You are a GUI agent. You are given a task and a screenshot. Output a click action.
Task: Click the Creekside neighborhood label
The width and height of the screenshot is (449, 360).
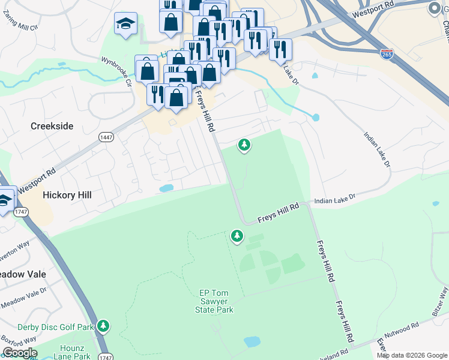point(52,126)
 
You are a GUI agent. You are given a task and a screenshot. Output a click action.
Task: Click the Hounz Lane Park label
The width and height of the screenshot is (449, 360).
point(74,352)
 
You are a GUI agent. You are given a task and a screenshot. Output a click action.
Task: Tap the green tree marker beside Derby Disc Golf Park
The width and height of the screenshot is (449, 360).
point(104,326)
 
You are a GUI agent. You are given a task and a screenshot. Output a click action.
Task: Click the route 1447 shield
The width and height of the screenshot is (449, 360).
point(106,137)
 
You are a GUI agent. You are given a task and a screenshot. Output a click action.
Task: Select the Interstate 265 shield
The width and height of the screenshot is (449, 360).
point(387,54)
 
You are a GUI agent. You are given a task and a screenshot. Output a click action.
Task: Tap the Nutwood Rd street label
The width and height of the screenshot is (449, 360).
point(403,329)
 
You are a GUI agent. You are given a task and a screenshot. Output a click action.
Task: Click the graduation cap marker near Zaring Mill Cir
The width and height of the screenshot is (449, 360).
point(125,24)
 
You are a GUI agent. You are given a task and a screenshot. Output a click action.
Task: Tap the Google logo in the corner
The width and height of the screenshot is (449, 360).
point(20,353)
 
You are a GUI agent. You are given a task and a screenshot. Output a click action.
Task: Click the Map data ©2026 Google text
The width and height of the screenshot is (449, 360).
point(412,355)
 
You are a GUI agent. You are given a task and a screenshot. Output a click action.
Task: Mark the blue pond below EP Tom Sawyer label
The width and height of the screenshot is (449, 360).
point(252,342)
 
